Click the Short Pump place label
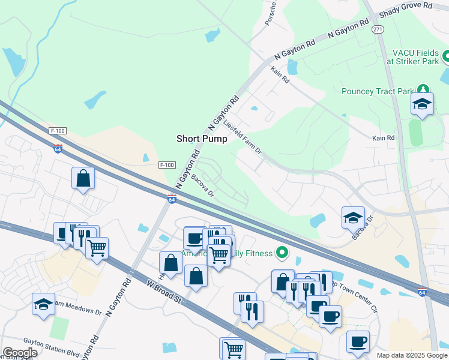click(202, 139)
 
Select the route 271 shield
click(377, 29)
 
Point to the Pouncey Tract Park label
click(378, 91)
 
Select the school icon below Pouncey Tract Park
click(423, 104)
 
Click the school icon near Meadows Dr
click(44, 305)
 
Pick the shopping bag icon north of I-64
click(83, 178)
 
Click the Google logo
click(20, 353)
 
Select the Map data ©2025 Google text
click(411, 355)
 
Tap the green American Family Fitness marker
click(280, 253)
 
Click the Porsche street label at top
click(272, 13)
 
